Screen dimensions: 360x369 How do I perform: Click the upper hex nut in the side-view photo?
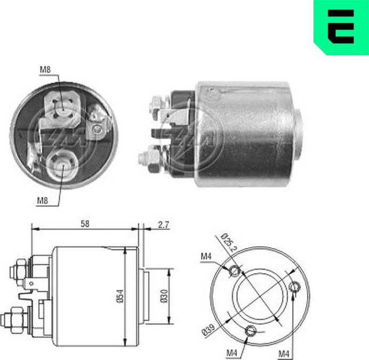[158, 103]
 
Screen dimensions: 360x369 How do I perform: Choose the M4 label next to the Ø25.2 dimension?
[207, 257]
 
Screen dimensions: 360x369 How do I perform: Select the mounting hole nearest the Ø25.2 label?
[235, 271]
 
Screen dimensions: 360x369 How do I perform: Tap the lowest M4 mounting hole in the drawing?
[249, 332]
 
